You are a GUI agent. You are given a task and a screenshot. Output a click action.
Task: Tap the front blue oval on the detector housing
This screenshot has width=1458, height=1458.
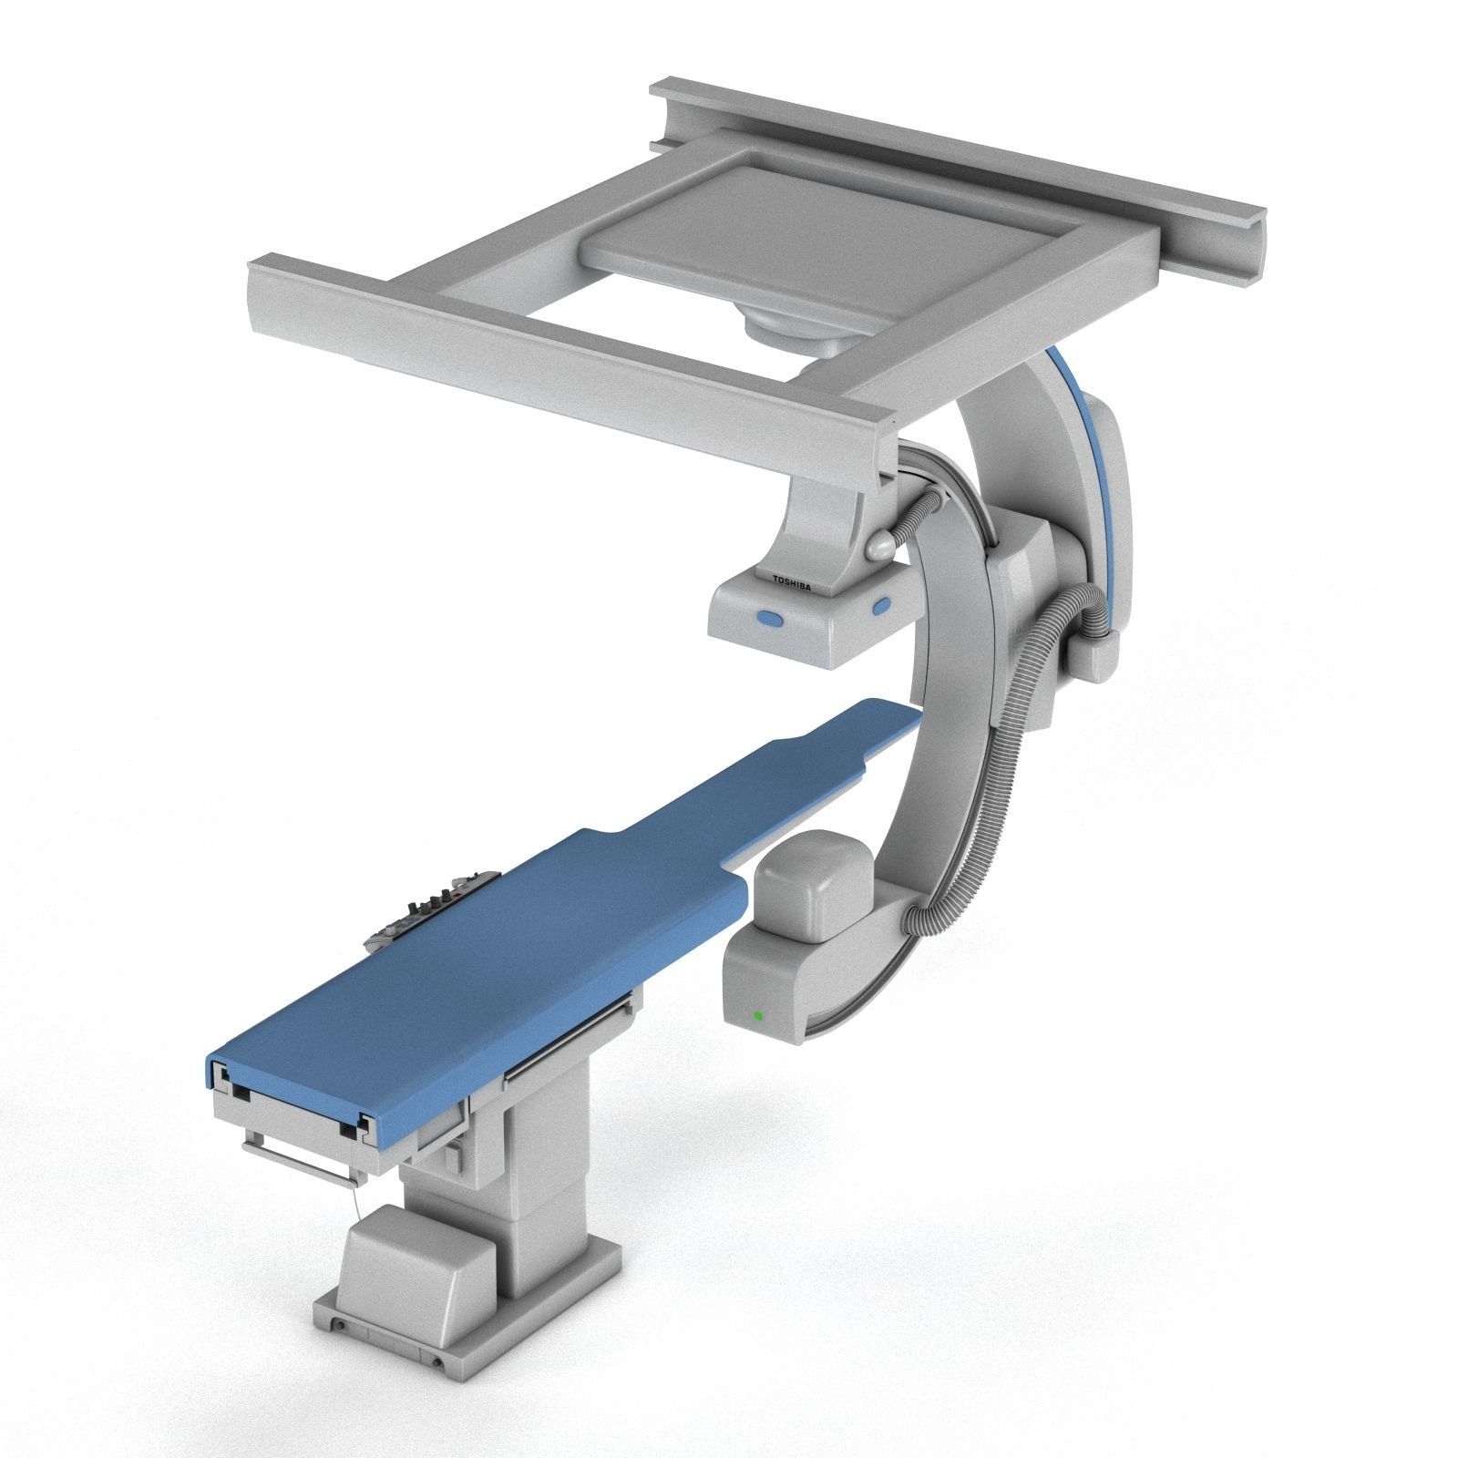click(x=770, y=620)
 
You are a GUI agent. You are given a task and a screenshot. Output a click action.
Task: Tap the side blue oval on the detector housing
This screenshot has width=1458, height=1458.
click(x=881, y=605)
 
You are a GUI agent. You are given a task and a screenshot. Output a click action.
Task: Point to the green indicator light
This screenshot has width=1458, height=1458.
click(x=755, y=1015)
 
